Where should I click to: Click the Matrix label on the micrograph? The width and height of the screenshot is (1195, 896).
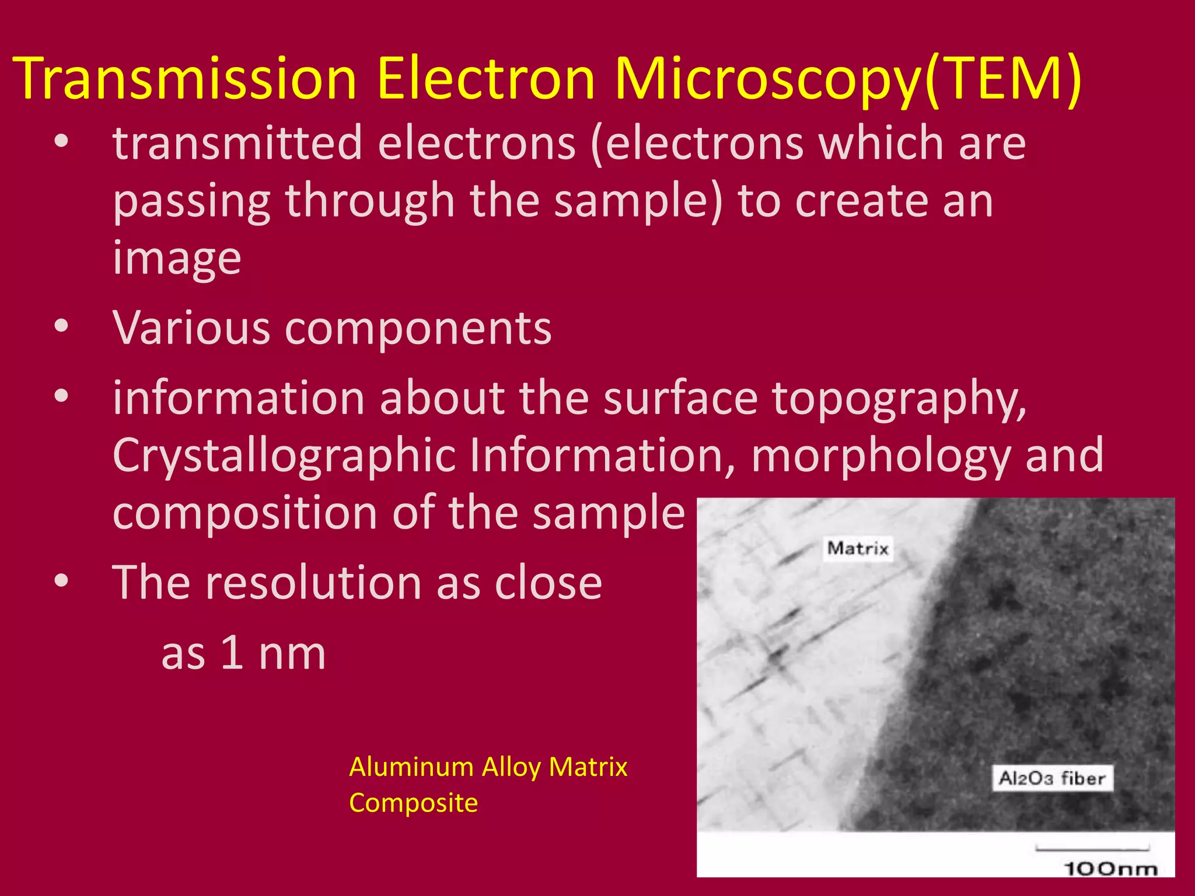[858, 548]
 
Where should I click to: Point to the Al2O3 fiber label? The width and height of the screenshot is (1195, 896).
[1052, 778]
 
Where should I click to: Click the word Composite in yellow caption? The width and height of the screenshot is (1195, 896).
[413, 803]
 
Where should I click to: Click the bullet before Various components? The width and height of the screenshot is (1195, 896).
[61, 327]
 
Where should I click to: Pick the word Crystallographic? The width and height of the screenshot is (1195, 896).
[284, 455]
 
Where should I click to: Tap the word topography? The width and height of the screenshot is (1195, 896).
[899, 399]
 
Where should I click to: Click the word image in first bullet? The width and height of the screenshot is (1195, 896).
[177, 258]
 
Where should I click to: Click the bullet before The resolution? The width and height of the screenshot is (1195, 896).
[61, 581]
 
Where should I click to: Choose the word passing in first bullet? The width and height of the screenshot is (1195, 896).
[191, 201]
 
